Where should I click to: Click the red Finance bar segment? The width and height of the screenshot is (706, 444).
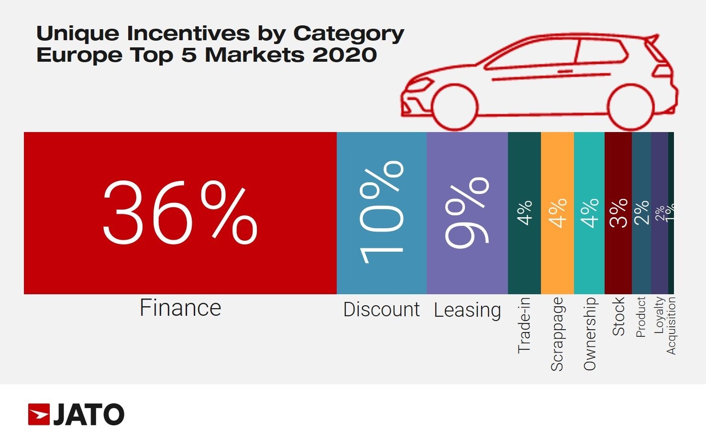pos(180,268)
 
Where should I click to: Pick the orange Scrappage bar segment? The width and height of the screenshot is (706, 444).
pos(557,258)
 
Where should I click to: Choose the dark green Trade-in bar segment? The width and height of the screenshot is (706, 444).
pos(524,258)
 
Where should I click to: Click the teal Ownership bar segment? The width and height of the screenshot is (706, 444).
pos(589,258)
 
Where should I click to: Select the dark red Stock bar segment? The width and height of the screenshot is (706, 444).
pos(618,258)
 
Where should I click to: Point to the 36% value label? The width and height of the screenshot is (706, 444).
pos(180,213)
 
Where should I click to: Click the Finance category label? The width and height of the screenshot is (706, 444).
pos(180,308)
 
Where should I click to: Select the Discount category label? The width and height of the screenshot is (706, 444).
pos(381,310)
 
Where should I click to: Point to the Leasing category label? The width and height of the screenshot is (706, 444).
pos(467,310)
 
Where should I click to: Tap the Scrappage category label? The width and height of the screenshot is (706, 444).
pos(557,334)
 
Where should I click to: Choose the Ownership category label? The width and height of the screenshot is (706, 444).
pos(589,333)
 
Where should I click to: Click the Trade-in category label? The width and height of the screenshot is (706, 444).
pos(524,325)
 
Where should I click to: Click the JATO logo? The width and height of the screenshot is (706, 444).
pos(77,414)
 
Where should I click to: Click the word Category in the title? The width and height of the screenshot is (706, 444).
pos(349,33)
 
